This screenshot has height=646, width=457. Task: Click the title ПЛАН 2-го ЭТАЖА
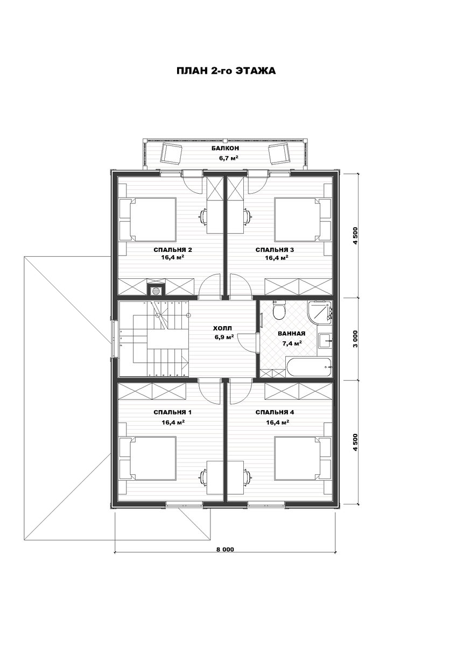click(226, 71)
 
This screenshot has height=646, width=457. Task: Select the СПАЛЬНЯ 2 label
click(173, 250)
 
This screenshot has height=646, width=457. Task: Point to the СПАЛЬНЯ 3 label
click(275, 250)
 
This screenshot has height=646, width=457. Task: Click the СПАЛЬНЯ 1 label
click(173, 413)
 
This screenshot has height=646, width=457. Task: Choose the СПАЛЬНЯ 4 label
click(275, 413)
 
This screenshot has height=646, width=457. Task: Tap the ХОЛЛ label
click(222, 328)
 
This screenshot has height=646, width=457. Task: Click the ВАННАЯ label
click(292, 334)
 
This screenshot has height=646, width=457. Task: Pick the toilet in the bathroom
click(279, 310)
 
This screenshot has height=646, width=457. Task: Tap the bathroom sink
click(326, 341)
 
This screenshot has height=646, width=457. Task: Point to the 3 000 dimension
click(355, 339)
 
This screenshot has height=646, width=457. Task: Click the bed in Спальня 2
click(153, 220)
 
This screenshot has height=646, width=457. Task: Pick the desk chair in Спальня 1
click(203, 475)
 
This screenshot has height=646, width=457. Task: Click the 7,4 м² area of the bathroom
click(292, 343)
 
